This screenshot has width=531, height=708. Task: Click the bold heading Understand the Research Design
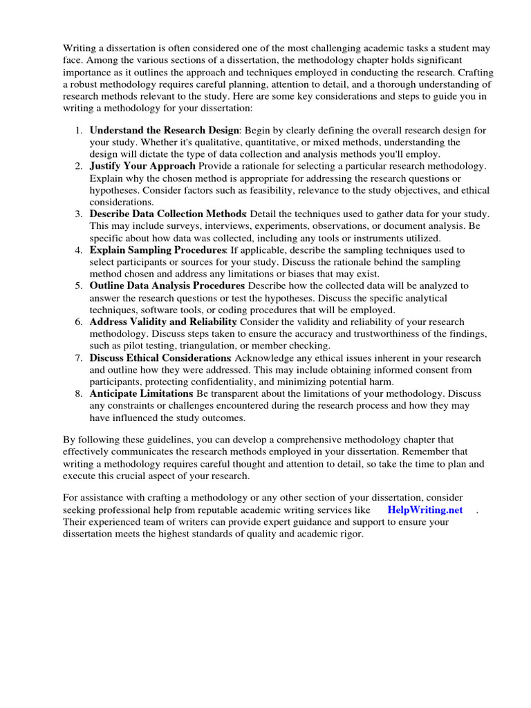(x=164, y=130)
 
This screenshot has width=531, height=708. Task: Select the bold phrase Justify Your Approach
(x=142, y=167)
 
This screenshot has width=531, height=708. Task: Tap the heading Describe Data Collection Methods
(x=168, y=214)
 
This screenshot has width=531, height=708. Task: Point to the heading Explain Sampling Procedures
(x=158, y=250)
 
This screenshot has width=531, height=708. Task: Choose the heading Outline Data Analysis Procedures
(x=167, y=286)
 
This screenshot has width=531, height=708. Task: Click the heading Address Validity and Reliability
(x=163, y=322)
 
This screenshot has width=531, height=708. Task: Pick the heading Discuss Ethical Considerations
(x=160, y=357)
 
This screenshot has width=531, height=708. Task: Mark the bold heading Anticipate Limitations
(x=142, y=393)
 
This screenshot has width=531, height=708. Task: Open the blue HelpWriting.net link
(x=425, y=510)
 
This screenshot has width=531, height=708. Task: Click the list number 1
(x=79, y=130)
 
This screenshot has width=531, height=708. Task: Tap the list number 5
(x=79, y=286)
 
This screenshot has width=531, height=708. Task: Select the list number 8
(x=79, y=393)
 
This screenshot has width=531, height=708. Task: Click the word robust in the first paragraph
(x=86, y=85)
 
